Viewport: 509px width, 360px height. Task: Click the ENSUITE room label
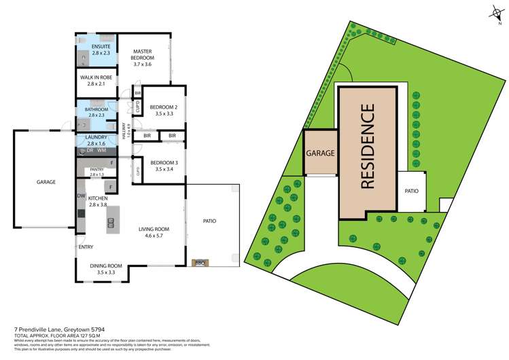[x=91, y=46]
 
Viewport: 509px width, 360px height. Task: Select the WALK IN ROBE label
[x=96, y=77]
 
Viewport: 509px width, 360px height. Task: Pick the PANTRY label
[x=92, y=171]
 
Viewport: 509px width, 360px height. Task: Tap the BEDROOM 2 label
[x=163, y=107]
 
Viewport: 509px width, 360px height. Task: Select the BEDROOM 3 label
[x=163, y=162]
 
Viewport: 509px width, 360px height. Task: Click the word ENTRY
[x=86, y=247]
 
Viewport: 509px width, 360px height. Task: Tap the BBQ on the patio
[x=200, y=262]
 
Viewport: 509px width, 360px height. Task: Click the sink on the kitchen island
[x=110, y=222]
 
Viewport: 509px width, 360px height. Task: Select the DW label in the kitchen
[x=80, y=196]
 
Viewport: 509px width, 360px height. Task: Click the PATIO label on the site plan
[x=411, y=191]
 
